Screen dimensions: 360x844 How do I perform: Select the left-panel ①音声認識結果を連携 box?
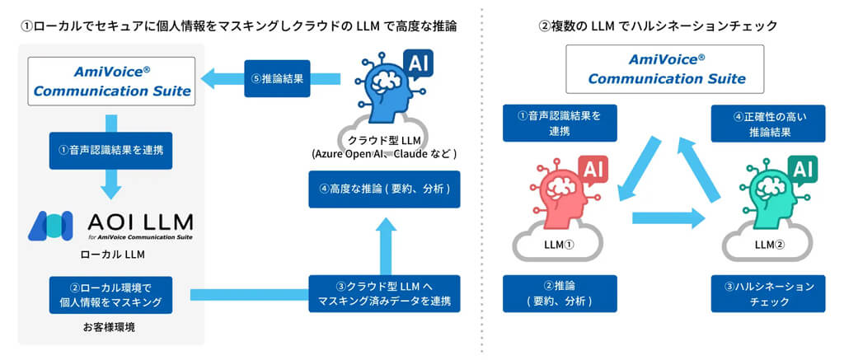(x=110, y=151)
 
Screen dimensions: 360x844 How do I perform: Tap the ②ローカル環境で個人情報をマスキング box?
(x=110, y=295)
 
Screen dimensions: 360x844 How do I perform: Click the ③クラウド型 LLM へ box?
(x=384, y=294)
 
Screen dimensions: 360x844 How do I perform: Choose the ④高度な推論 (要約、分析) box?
(x=384, y=189)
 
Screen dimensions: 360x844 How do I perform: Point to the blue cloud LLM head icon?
(x=384, y=91)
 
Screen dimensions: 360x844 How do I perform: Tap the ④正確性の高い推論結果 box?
(x=768, y=123)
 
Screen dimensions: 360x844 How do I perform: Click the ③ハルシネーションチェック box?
(x=768, y=294)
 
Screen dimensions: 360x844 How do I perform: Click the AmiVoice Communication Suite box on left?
(x=112, y=80)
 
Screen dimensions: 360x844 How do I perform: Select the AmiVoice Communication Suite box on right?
(x=664, y=68)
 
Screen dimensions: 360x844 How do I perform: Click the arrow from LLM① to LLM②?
(x=668, y=219)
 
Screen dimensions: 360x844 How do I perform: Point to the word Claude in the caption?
(x=412, y=153)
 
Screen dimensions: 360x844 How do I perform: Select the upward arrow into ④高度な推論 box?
(x=384, y=243)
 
